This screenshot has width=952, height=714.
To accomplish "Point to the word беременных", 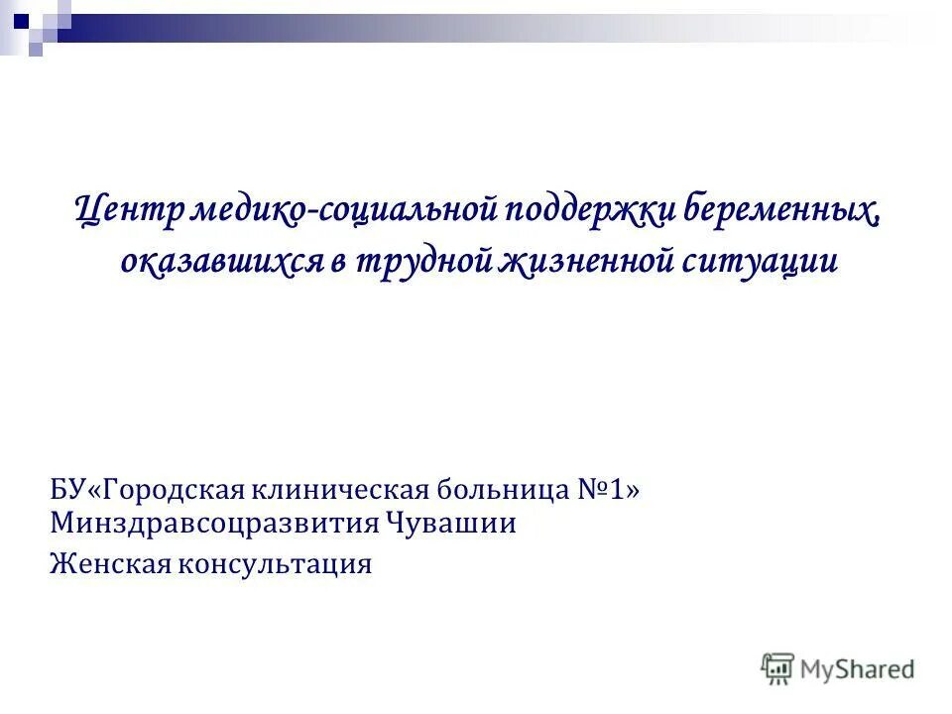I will click(x=782, y=211).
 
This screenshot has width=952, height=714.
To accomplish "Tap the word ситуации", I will click(x=761, y=261).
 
